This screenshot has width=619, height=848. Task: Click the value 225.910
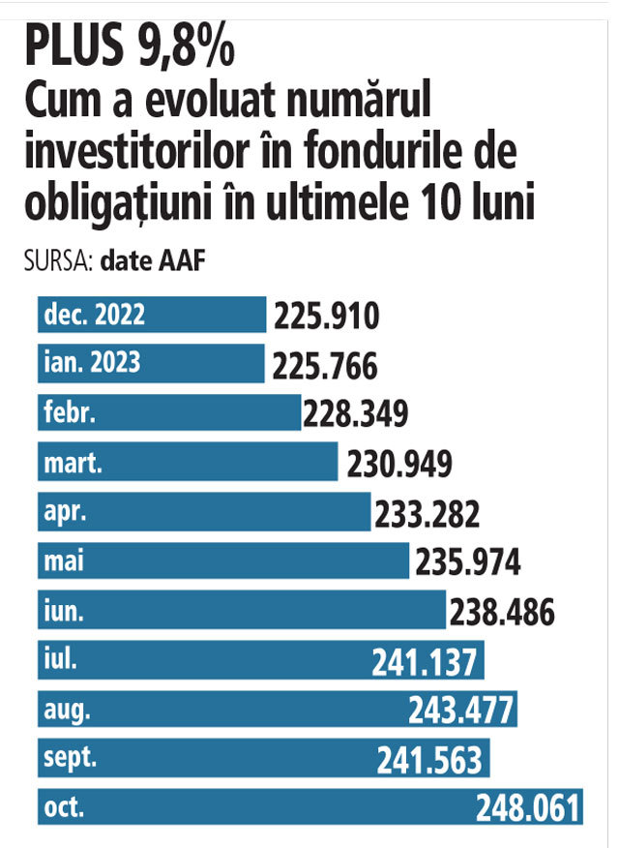[x=325, y=317]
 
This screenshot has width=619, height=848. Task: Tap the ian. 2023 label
[x=92, y=363]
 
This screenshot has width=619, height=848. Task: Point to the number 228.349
[x=355, y=414]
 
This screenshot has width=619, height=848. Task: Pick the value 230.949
[x=398, y=464]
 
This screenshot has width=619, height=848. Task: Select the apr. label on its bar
[x=64, y=512]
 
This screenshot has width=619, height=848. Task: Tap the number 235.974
[x=467, y=561]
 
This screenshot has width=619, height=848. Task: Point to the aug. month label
[x=67, y=710]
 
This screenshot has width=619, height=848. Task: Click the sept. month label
[x=71, y=758]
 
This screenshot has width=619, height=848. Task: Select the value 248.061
[x=527, y=808]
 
